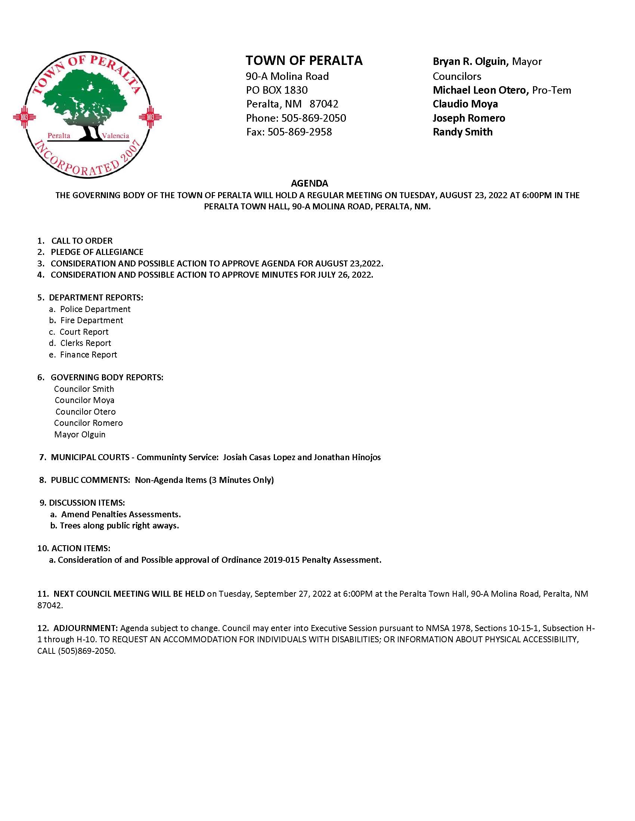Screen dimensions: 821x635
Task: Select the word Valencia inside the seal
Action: (115, 136)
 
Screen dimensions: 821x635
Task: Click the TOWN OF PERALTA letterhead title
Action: (304, 60)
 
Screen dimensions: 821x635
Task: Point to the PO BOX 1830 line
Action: (277, 90)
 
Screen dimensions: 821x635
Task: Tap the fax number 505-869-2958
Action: (300, 132)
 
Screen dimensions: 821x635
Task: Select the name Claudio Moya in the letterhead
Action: (465, 104)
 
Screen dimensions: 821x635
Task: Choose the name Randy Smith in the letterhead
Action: (463, 132)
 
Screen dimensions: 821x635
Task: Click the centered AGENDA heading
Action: (310, 184)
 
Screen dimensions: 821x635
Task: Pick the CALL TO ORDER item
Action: (82, 241)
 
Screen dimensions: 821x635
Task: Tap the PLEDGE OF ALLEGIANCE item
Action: (97, 252)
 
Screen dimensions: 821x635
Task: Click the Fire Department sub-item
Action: (92, 320)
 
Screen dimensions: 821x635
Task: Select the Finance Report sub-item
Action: (89, 355)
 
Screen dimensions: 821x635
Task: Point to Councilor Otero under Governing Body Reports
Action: (86, 412)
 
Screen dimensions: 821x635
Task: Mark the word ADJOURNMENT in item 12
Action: (86, 628)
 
